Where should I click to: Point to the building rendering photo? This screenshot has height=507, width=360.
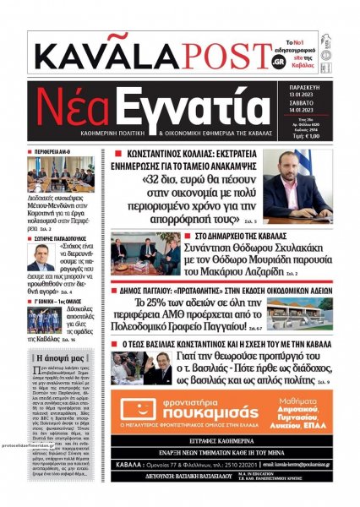(304, 314)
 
